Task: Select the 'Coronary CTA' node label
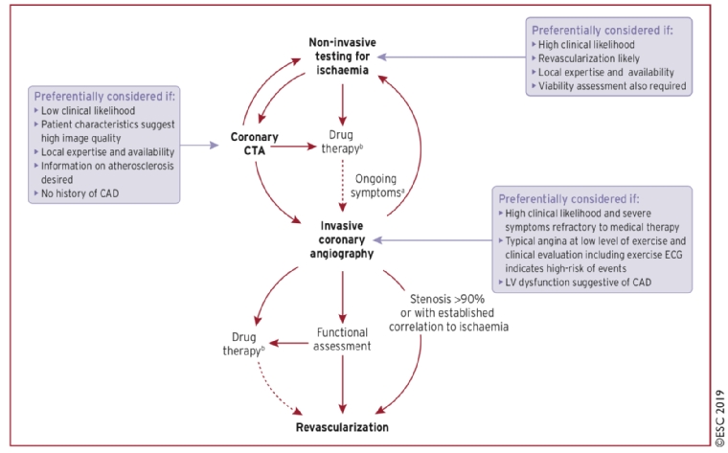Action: tap(253, 147)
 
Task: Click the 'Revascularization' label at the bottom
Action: tap(342, 424)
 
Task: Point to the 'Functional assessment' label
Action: tap(342, 339)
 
